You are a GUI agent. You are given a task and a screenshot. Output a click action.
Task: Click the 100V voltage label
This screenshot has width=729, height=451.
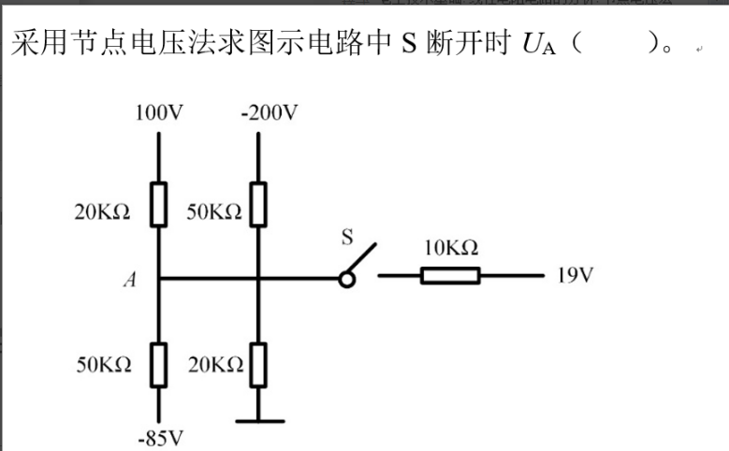pyautogui.click(x=158, y=114)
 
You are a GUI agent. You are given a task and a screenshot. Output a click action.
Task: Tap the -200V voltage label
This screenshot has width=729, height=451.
pyautogui.click(x=269, y=114)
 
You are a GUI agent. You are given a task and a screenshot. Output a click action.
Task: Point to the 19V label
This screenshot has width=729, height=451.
pyautogui.click(x=576, y=277)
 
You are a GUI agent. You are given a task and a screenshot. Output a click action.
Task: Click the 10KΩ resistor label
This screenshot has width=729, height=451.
pyautogui.click(x=451, y=248)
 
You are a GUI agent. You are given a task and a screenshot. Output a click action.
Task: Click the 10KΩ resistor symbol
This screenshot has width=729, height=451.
pyautogui.click(x=450, y=276)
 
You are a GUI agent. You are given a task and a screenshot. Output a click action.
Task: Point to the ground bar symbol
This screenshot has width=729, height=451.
pyautogui.click(x=259, y=421)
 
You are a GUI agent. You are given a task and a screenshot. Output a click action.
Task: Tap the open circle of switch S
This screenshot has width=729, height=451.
pyautogui.click(x=346, y=278)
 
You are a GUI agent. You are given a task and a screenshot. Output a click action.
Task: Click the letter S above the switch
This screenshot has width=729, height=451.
pyautogui.click(x=345, y=239)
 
